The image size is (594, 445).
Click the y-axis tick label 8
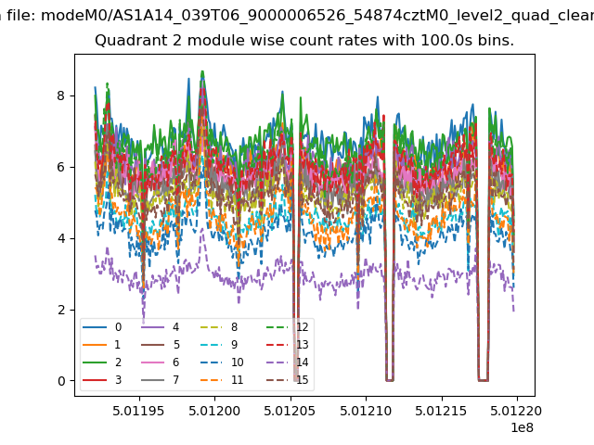(62, 95)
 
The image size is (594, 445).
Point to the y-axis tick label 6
(62, 167)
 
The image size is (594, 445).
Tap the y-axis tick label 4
(62, 238)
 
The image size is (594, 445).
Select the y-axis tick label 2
(62, 310)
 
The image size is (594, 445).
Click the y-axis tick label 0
(62, 381)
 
